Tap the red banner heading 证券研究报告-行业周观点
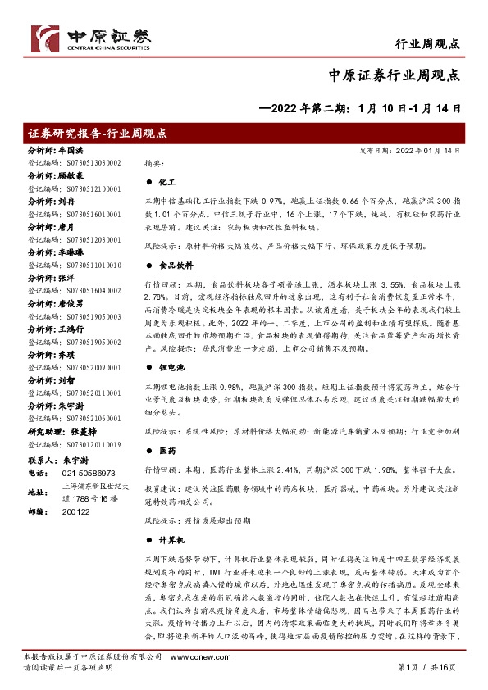point(98,134)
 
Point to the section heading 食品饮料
point(173,266)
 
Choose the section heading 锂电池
point(169,370)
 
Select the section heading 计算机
point(169,542)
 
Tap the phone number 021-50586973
point(89,474)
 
